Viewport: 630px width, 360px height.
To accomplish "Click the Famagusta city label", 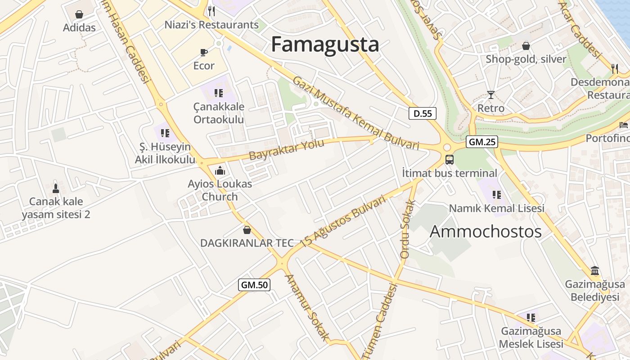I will [325, 45].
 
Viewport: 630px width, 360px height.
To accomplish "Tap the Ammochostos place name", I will [486, 231].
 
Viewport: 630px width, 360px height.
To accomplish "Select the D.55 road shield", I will [423, 113].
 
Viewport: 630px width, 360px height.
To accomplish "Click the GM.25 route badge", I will [482, 142].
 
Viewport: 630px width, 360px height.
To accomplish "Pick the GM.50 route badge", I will [254, 284].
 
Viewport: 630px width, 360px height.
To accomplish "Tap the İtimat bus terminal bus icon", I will [449, 159].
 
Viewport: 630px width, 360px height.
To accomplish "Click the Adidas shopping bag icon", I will [79, 15].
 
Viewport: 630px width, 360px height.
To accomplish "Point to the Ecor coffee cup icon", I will [204, 52].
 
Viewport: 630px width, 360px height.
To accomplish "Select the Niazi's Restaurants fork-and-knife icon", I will [211, 11].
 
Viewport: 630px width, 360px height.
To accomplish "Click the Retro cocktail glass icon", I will [490, 94].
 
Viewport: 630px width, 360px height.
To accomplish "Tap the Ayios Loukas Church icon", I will [220, 171].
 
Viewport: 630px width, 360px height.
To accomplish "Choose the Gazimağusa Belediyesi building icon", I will [595, 271].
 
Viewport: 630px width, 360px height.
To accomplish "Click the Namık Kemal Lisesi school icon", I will [497, 194].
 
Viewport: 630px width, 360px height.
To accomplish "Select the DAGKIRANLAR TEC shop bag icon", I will [247, 230].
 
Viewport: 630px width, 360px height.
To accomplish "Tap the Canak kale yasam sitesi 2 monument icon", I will [56, 188].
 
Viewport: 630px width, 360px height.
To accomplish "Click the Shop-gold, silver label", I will [526, 59].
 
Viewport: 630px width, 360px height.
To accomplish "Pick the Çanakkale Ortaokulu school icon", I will [219, 93].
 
